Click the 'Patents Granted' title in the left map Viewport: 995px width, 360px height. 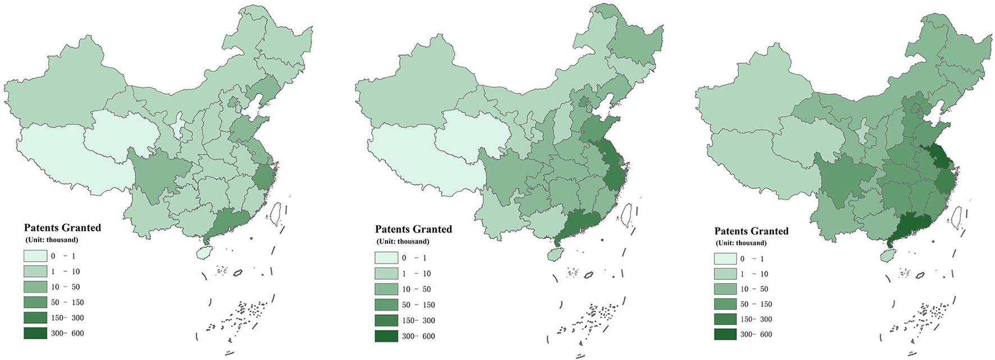[62, 227]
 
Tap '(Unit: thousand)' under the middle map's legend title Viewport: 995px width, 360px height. [403, 241]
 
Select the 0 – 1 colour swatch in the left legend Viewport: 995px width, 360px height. [35, 256]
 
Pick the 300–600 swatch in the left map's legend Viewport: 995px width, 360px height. [35, 333]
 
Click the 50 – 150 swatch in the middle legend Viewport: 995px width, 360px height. [386, 305]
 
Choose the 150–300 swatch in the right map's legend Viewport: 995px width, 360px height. [725, 319]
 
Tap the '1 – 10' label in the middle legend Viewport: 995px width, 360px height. [416, 274]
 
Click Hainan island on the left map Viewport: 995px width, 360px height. [203, 253]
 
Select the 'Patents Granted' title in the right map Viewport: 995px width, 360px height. [751, 231]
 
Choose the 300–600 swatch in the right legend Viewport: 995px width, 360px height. [725, 334]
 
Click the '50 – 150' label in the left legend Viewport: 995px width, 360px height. [67, 302]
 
